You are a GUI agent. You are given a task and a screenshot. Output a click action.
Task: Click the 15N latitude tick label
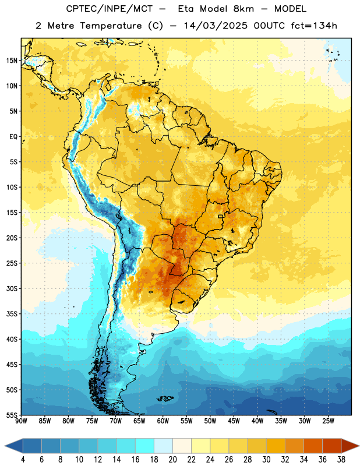12,61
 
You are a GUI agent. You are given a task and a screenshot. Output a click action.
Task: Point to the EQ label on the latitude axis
13,137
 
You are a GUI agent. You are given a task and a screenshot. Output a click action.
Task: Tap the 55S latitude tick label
12,415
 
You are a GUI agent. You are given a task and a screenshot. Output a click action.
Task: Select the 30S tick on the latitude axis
12,288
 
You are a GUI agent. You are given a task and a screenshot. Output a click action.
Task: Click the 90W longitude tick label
21,421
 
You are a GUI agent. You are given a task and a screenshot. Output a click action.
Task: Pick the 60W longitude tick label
163,421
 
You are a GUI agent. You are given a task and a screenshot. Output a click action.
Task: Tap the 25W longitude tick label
328,421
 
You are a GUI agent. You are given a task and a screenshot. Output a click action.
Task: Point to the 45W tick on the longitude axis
234,421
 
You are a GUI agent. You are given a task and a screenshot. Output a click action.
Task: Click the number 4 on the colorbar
23,460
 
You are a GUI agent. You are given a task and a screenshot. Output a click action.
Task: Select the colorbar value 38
341,460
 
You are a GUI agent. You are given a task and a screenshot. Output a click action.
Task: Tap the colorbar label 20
172,460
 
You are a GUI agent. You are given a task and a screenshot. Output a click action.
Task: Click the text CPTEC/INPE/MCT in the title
109,9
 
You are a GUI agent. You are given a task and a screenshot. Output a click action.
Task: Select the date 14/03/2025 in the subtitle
215,26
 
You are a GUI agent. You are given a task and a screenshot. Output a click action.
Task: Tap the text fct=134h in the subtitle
314,26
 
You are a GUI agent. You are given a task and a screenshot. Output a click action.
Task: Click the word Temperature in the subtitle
111,26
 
